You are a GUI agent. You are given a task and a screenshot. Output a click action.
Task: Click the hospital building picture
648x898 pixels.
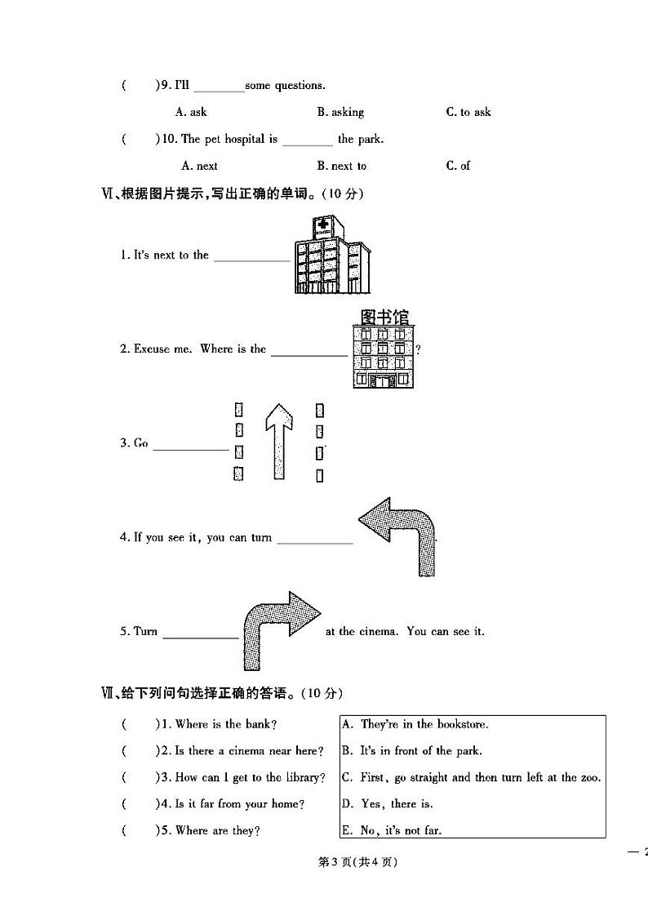331,261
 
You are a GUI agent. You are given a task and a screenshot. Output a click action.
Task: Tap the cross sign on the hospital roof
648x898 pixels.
322,224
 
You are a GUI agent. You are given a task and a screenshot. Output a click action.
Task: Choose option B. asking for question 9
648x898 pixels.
340,112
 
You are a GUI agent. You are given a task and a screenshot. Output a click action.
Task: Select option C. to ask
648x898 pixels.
468,112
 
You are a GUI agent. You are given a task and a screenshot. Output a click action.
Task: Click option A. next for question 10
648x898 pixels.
199,166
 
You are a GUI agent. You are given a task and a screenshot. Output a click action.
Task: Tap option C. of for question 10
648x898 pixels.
458,166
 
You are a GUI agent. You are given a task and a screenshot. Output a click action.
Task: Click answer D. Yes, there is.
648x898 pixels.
387,804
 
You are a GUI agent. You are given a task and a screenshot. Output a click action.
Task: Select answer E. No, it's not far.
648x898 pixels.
392,831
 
